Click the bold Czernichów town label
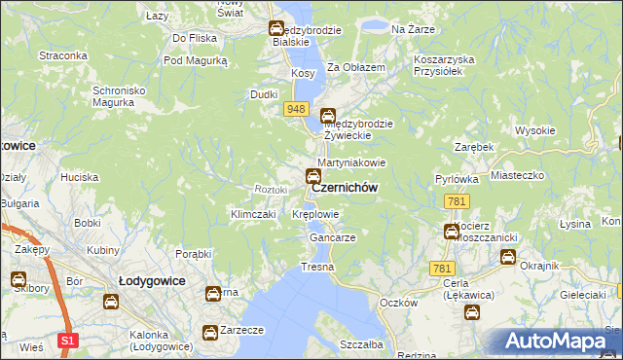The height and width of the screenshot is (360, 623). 345,189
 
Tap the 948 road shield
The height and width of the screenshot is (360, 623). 297,109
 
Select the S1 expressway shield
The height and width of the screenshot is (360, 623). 66,341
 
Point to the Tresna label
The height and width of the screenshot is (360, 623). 317,267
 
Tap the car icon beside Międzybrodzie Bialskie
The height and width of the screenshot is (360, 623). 275,29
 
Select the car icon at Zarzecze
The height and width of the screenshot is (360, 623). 209,333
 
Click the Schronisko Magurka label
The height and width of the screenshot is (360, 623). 119,97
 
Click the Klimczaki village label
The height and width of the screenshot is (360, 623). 253,214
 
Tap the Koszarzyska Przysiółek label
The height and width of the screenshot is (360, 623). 444,65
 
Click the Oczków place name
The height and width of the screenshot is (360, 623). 398,303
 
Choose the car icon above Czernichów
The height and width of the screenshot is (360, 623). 312,176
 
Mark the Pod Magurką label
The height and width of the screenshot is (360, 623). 195,60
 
